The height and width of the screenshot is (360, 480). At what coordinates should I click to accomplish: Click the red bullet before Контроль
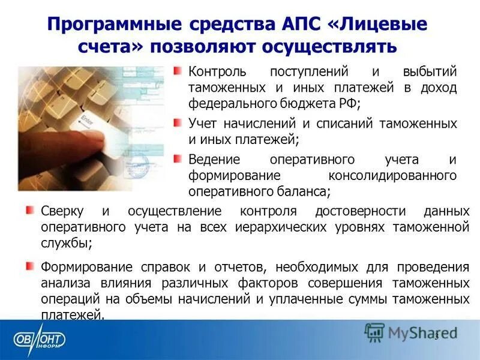(178, 71)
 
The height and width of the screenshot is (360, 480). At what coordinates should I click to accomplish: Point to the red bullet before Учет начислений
(178, 123)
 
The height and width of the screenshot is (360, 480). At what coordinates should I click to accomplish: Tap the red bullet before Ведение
(178, 159)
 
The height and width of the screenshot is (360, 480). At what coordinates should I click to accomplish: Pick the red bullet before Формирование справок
(30, 266)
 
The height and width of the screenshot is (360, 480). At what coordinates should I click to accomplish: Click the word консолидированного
(392, 176)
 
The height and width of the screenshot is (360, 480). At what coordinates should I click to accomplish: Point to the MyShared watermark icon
(375, 332)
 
